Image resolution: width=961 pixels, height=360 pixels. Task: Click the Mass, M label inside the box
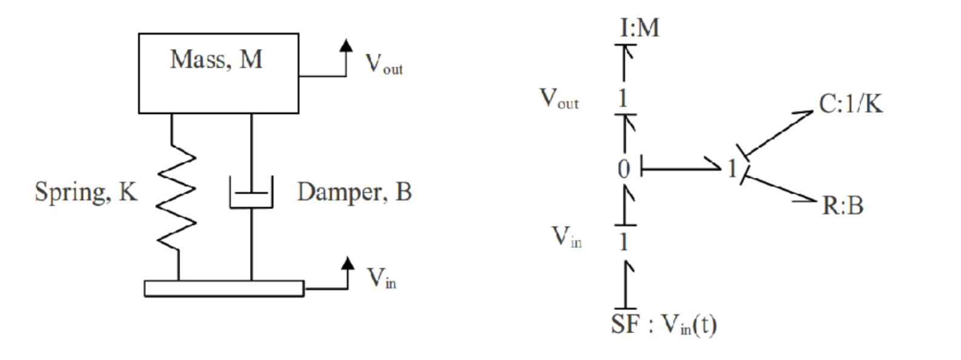point(216,60)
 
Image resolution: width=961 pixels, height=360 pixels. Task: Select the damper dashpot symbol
point(251,193)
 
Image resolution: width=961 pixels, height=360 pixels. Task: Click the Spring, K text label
point(86,192)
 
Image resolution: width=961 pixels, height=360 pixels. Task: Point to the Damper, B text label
point(354,192)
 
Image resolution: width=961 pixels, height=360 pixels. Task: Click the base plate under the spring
point(224,288)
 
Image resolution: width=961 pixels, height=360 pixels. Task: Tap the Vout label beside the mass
point(384,64)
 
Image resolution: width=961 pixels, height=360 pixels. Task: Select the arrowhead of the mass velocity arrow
point(345,45)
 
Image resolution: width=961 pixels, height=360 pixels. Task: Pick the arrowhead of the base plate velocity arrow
point(347,262)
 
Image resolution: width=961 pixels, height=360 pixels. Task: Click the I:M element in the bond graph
point(639,28)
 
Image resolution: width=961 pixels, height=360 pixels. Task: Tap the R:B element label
point(842,206)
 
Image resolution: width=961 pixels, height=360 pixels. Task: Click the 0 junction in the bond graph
point(623,169)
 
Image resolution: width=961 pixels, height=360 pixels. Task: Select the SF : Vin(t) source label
point(663,325)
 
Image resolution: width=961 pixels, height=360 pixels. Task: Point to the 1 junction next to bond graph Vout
point(623,98)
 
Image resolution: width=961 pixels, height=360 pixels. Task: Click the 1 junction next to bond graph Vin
point(623,242)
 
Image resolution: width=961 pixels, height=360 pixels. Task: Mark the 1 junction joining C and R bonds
point(733,169)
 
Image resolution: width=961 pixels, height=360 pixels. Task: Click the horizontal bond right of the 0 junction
point(679,168)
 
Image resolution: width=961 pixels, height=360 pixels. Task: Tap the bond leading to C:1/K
point(778,133)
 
